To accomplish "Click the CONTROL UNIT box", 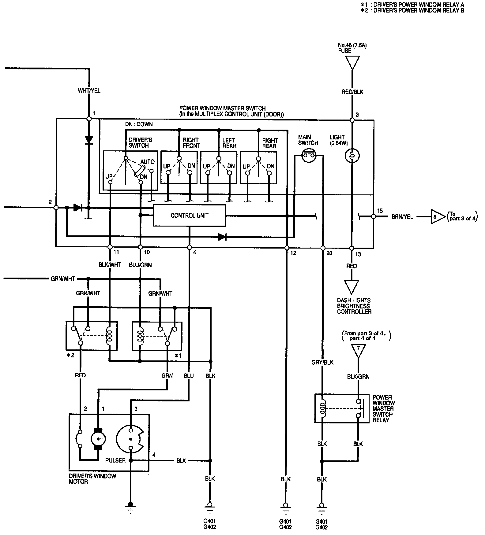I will click(189, 216).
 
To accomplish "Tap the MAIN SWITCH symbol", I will click(309, 156).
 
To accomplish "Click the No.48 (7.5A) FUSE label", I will click(352, 48).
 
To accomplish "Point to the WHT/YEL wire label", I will click(89, 91).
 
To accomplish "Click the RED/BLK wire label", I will click(352, 92).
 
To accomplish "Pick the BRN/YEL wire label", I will click(402, 217).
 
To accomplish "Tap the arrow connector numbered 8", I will click(437, 216).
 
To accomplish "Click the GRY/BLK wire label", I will click(322, 362).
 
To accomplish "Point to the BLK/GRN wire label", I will click(358, 377).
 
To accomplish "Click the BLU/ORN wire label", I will click(140, 265).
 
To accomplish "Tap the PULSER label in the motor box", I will click(115, 460).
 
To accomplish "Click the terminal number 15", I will click(380, 211).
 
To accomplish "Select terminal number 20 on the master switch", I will click(329, 253).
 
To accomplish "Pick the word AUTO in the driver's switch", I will click(147, 162).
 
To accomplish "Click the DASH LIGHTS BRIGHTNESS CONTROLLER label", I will click(354, 306).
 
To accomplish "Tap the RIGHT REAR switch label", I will click(270, 143).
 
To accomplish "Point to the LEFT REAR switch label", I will click(229, 143).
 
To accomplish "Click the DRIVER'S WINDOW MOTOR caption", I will click(92, 479).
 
